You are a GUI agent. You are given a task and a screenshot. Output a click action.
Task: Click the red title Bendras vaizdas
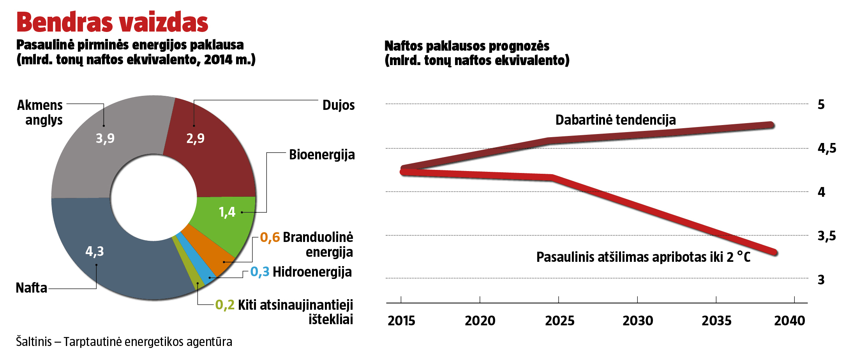[112, 22]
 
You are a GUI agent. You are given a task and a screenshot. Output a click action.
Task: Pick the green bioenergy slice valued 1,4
[226, 218]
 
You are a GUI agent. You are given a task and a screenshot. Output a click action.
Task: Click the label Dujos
[339, 105]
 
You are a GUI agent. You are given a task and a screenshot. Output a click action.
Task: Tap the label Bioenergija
[322, 155]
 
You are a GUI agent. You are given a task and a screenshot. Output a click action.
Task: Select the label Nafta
[31, 288]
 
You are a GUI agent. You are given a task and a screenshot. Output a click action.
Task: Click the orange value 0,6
[270, 237]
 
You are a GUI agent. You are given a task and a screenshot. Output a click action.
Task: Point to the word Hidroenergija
[312, 272]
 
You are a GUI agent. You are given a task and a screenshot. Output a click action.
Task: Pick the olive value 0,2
[225, 305]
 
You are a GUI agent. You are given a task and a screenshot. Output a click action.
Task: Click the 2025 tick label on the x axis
[559, 321]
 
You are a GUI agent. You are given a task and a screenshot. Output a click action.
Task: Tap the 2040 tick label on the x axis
[789, 321]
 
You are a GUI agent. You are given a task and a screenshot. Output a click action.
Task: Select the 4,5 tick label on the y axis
[827, 148]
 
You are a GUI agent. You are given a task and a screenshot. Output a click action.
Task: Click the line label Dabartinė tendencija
[616, 120]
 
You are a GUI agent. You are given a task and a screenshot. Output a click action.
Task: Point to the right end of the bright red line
[774, 252]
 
